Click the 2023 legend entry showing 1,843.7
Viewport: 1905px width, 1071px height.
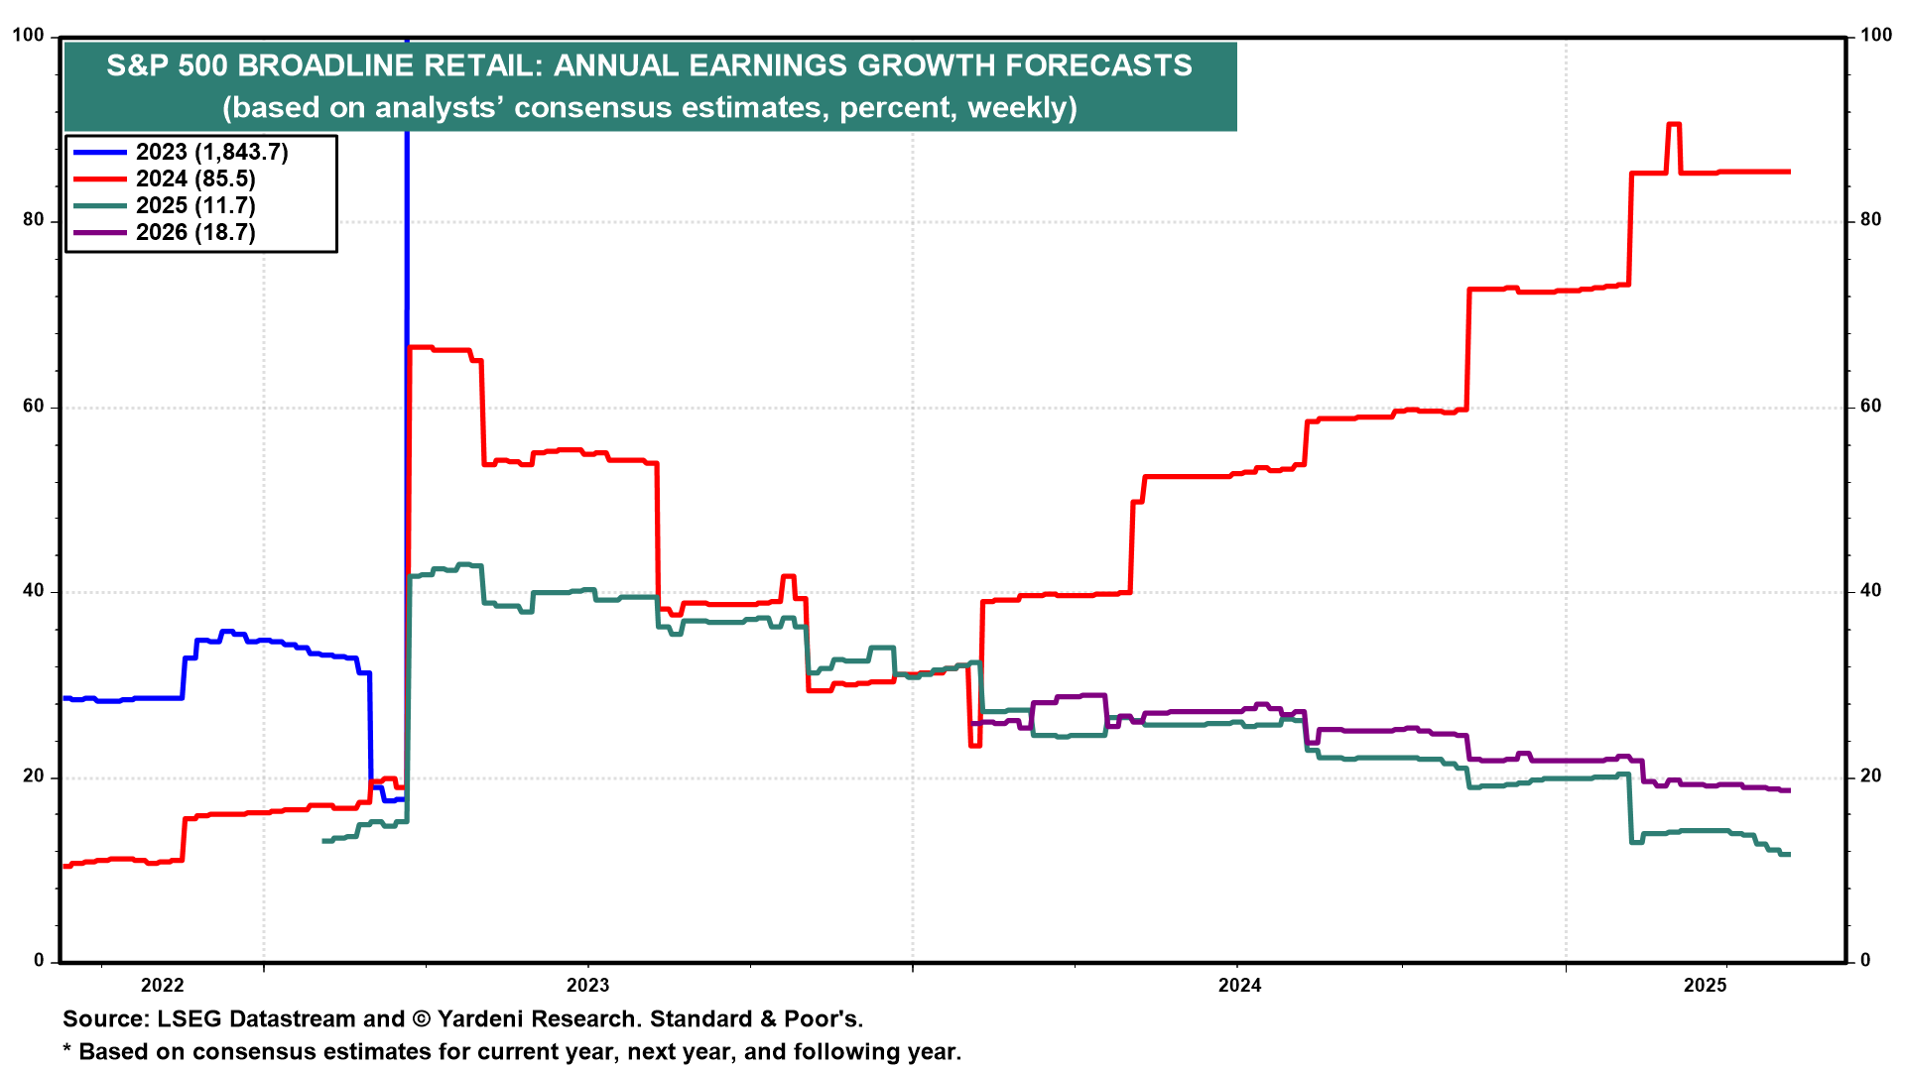tap(211, 152)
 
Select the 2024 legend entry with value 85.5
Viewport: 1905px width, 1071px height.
tap(195, 178)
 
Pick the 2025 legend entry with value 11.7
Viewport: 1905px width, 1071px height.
tap(195, 205)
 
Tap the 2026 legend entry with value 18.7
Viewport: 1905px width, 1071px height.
tap(195, 232)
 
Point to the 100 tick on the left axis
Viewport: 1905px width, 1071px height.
tap(28, 36)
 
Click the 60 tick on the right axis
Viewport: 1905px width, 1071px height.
tap(1870, 406)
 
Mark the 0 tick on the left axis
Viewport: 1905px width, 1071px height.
tap(39, 960)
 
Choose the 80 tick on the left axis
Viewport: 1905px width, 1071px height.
tap(33, 220)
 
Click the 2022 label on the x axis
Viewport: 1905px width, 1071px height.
tap(162, 985)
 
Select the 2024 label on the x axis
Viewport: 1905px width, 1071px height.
tap(1239, 985)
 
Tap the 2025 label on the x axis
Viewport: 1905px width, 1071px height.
tap(1705, 985)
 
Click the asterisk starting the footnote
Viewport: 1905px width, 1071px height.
tap(67, 1050)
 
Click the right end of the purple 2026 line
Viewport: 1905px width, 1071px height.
tap(1789, 790)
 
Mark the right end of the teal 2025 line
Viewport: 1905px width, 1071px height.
tap(1789, 854)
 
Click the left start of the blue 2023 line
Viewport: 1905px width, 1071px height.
tap(65, 698)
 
